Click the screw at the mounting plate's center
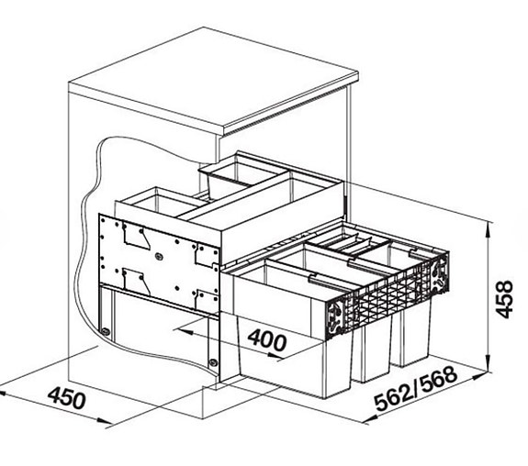click(x=163, y=246)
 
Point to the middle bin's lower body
click(x=375, y=353)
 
